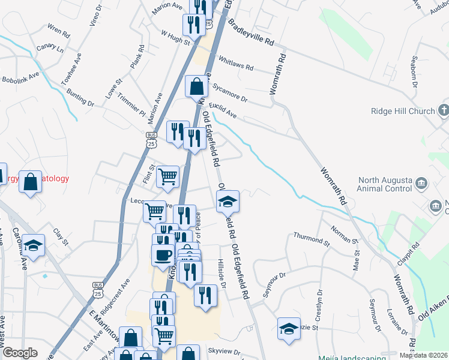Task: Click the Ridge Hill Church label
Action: (x=402, y=111)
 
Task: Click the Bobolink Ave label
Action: (x=20, y=77)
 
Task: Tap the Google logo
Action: (x=20, y=353)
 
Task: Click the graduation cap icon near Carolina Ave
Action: (x=34, y=244)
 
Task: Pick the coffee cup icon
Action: (x=162, y=254)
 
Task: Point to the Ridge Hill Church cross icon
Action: (x=444, y=110)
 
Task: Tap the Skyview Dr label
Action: (x=223, y=352)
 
